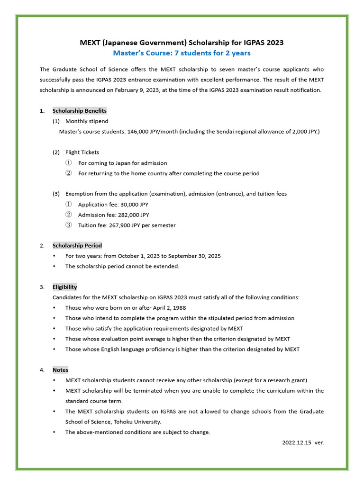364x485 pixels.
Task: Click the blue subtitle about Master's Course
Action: [x=182, y=53]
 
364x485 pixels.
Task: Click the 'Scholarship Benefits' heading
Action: [x=80, y=111]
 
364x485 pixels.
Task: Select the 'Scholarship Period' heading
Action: [x=77, y=245]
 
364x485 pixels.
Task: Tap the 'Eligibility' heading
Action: [x=65, y=287]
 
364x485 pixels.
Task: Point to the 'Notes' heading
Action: [x=60, y=370]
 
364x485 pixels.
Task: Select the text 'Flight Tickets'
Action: [x=82, y=153]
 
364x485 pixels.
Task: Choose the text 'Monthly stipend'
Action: [x=87, y=121]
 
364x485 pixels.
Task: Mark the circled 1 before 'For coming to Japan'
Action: [x=68, y=163]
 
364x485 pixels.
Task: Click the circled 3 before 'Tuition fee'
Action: [x=68, y=225]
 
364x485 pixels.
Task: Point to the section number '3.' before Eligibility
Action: [x=42, y=287]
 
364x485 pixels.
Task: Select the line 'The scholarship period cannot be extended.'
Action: [x=122, y=266]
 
